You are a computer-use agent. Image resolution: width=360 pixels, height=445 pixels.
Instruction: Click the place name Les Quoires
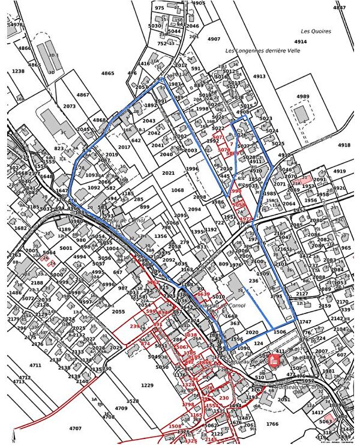(316, 31)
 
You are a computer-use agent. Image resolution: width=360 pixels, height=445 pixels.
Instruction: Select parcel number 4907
(214, 39)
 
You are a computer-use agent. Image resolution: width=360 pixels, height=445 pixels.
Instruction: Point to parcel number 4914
(301, 41)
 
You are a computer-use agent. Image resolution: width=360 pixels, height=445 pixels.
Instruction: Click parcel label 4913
(259, 76)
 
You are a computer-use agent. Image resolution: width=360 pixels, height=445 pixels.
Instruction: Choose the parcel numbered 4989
(302, 96)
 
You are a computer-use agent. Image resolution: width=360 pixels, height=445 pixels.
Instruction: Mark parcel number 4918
(344, 145)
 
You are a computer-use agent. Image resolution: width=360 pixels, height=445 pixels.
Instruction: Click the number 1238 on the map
(19, 71)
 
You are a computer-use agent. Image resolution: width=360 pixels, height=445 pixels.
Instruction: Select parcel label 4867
(83, 95)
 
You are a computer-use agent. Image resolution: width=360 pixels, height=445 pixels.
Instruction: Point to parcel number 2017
(124, 147)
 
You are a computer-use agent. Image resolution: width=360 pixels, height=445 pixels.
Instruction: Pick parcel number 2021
(168, 173)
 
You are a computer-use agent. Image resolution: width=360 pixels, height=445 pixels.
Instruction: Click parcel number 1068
(178, 190)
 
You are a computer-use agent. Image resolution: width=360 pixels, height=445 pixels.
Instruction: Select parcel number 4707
(75, 428)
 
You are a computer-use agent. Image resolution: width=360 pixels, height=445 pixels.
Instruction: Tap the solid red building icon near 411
(274, 360)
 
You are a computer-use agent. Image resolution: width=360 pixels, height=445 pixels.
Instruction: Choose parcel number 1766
(272, 425)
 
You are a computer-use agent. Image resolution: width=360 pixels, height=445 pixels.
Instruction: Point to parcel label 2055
(118, 312)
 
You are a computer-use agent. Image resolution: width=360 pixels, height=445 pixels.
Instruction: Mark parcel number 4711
(35, 365)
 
